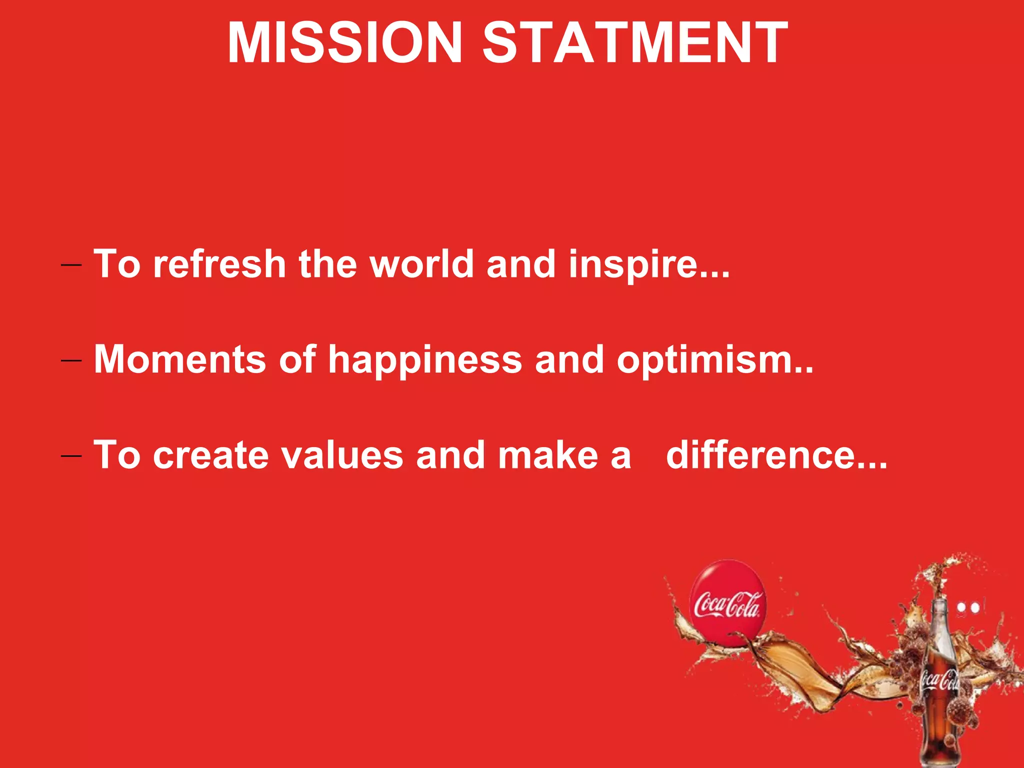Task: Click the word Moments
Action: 179,359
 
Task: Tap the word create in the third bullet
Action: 210,455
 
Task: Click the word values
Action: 342,455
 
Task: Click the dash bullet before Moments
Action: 71,360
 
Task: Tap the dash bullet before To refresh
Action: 71,265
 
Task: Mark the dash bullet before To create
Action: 71,456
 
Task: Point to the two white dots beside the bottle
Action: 968,608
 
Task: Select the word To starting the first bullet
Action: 117,264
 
